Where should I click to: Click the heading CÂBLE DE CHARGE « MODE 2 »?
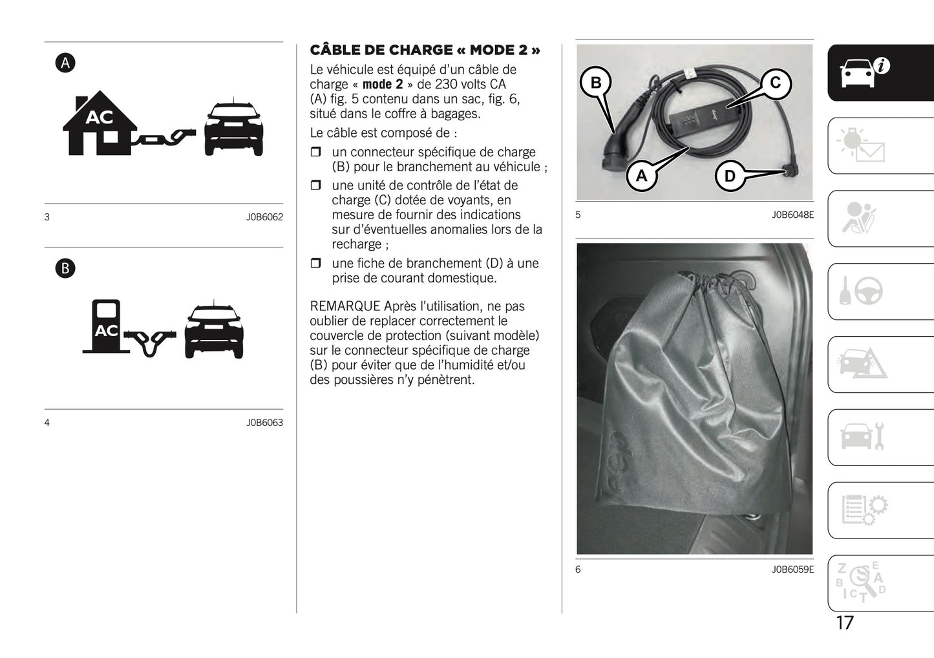tap(425, 50)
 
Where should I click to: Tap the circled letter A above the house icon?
tap(65, 63)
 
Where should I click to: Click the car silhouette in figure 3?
tap(233, 129)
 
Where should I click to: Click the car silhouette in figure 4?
tap(214, 330)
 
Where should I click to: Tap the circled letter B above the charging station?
tap(65, 268)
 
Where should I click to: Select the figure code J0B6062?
tap(264, 217)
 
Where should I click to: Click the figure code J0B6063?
tap(264, 423)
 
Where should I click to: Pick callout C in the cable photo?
tap(775, 83)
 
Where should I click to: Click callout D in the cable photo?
tap(730, 176)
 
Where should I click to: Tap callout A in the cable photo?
tap(641, 176)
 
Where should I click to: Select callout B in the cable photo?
tap(596, 83)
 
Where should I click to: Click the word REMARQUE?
tap(345, 306)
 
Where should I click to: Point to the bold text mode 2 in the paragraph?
tap(382, 85)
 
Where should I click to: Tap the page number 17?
tap(845, 622)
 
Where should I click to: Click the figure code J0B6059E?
tap(792, 569)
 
